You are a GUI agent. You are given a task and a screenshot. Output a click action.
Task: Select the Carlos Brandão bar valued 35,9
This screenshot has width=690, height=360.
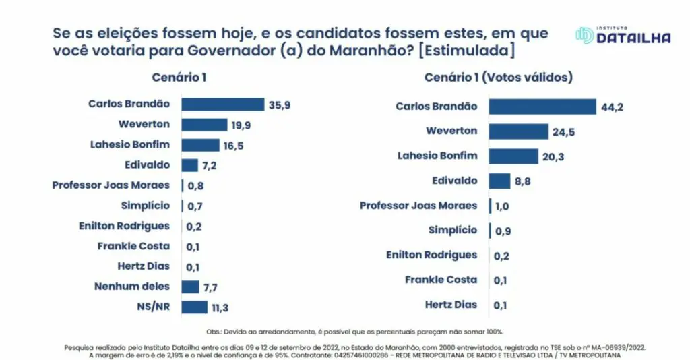point(222,104)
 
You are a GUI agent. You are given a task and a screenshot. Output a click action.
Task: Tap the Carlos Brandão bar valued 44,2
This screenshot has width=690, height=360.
point(542,107)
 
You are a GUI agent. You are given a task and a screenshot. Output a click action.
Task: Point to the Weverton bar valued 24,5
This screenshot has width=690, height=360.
point(518,131)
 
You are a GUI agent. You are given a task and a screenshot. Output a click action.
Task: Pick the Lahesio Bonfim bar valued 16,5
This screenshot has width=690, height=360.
point(200,145)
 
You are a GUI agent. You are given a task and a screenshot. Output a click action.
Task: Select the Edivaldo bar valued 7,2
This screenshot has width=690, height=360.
point(189,165)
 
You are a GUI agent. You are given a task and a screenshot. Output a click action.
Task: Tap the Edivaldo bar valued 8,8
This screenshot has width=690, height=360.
point(499,181)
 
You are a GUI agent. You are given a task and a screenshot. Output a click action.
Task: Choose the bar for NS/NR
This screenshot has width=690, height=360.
point(194,307)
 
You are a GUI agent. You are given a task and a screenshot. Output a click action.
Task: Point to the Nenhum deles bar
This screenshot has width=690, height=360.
point(190,287)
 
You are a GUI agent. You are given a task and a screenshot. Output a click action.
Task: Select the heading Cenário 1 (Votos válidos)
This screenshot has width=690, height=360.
point(498,77)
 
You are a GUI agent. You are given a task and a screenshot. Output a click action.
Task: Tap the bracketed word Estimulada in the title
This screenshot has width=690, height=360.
point(476,51)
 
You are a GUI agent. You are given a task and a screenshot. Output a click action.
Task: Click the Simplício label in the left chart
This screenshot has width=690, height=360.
point(145,206)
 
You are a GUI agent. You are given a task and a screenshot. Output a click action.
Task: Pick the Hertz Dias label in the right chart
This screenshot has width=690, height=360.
point(451,305)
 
